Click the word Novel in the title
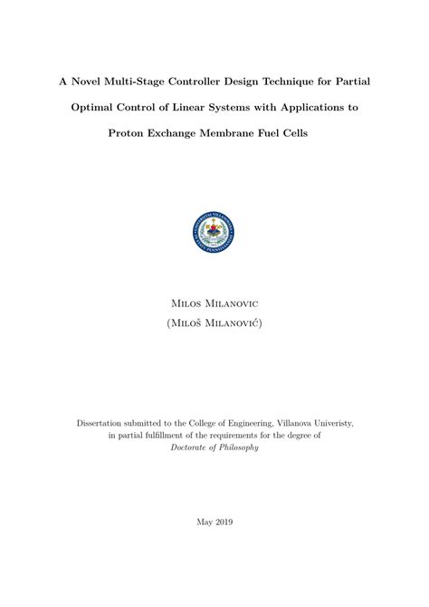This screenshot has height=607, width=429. point(87,81)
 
